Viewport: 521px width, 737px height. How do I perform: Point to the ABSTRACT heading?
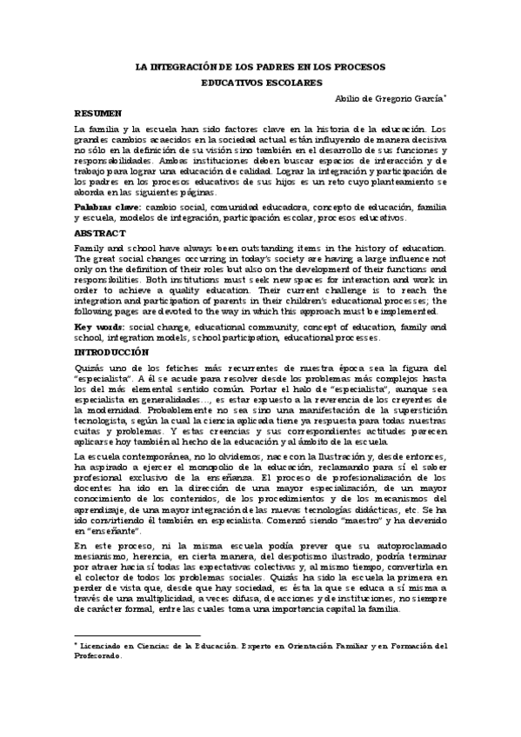[x=100, y=234]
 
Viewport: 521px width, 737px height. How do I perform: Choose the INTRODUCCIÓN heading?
[x=112, y=352]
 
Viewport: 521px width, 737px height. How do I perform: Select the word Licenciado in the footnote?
[x=108, y=646]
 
